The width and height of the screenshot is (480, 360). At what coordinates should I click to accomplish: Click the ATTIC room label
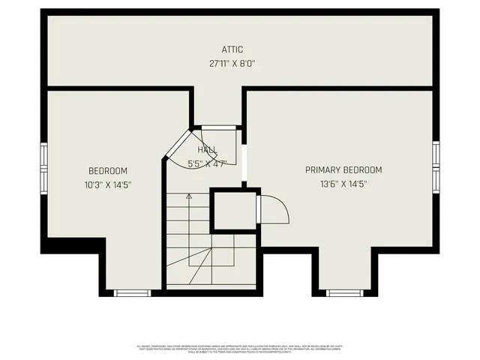coord(232,49)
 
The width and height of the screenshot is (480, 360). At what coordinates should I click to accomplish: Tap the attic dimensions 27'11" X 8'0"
coord(232,64)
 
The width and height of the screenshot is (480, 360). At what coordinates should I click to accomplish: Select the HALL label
coord(208,151)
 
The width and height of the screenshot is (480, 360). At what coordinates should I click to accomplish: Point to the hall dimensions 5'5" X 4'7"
coord(207,163)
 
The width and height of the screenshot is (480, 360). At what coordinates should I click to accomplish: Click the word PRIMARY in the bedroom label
coord(320,170)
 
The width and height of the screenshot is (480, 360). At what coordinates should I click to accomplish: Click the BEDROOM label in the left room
coord(108,171)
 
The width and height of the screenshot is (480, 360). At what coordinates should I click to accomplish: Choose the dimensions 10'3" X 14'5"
coord(108,184)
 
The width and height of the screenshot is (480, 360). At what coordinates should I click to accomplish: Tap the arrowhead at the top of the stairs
coord(189,196)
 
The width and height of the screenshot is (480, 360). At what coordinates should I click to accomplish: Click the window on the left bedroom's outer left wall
coord(44,169)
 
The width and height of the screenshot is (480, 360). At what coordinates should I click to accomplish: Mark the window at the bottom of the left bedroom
coord(133,292)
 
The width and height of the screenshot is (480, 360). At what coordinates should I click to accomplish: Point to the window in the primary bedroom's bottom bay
coord(344,292)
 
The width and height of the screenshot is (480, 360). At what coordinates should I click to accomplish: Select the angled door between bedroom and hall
coord(177,144)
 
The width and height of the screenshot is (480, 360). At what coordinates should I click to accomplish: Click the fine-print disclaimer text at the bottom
coord(240,349)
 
